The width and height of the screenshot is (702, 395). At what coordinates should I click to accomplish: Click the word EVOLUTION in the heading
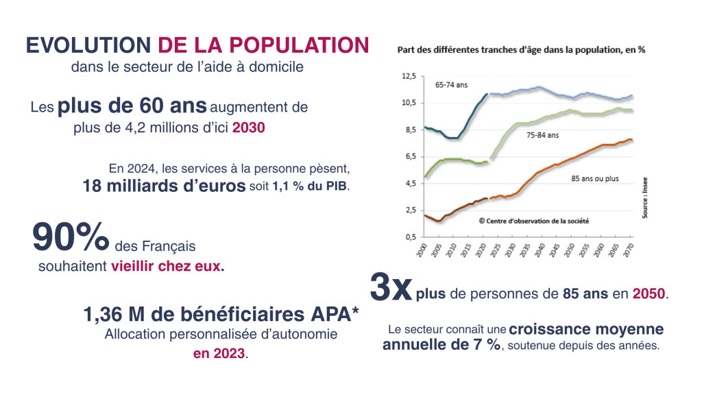coord(87,45)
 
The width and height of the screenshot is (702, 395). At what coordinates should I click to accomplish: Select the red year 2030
coord(248,128)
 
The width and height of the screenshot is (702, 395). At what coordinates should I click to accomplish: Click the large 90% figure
coord(71,237)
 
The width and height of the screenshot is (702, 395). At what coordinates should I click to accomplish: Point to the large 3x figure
coord(391,288)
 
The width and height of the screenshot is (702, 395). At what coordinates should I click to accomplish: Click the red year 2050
coord(649,294)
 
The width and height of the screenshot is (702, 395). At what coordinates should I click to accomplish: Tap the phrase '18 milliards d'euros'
coord(163,185)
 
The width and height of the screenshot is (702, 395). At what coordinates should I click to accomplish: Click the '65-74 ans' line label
coord(450,86)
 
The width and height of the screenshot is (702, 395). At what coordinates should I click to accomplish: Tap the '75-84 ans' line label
coord(543,136)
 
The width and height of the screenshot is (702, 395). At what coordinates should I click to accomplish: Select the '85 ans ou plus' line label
coord(594,179)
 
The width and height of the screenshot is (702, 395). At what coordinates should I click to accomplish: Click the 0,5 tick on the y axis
coord(409,237)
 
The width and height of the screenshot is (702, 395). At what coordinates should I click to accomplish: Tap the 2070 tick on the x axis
coord(629,250)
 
